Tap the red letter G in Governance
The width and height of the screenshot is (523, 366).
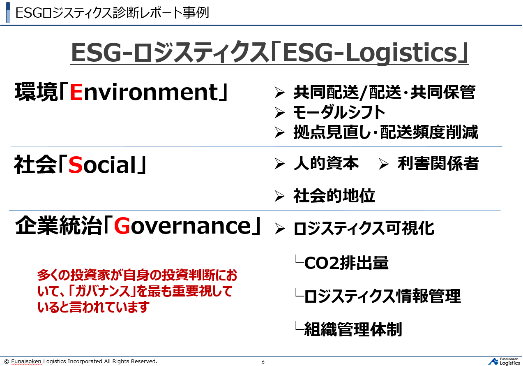tap(122, 227)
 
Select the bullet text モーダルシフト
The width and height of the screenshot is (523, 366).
tap(339, 112)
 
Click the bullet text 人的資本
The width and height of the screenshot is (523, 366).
tap(326, 164)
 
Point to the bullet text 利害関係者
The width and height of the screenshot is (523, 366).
tap(438, 164)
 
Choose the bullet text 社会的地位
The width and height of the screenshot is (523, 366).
tap(334, 196)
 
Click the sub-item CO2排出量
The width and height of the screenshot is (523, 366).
tap(346, 263)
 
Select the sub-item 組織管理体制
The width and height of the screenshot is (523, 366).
tap(353, 329)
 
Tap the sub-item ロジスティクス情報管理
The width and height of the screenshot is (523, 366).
tap(382, 296)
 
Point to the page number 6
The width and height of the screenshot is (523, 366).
tap(263, 362)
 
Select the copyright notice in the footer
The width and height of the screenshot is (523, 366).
tap(81, 361)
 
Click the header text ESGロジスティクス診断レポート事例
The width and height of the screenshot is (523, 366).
tap(112, 13)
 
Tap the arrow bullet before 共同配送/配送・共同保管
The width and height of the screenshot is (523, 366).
tap(280, 93)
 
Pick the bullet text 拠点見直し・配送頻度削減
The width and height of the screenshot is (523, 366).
tap(385, 132)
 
